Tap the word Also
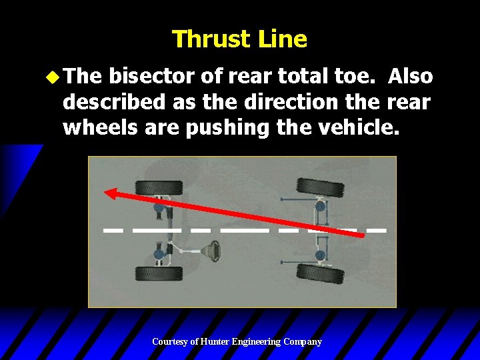411,77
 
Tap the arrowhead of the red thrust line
113,193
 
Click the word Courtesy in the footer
170,342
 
